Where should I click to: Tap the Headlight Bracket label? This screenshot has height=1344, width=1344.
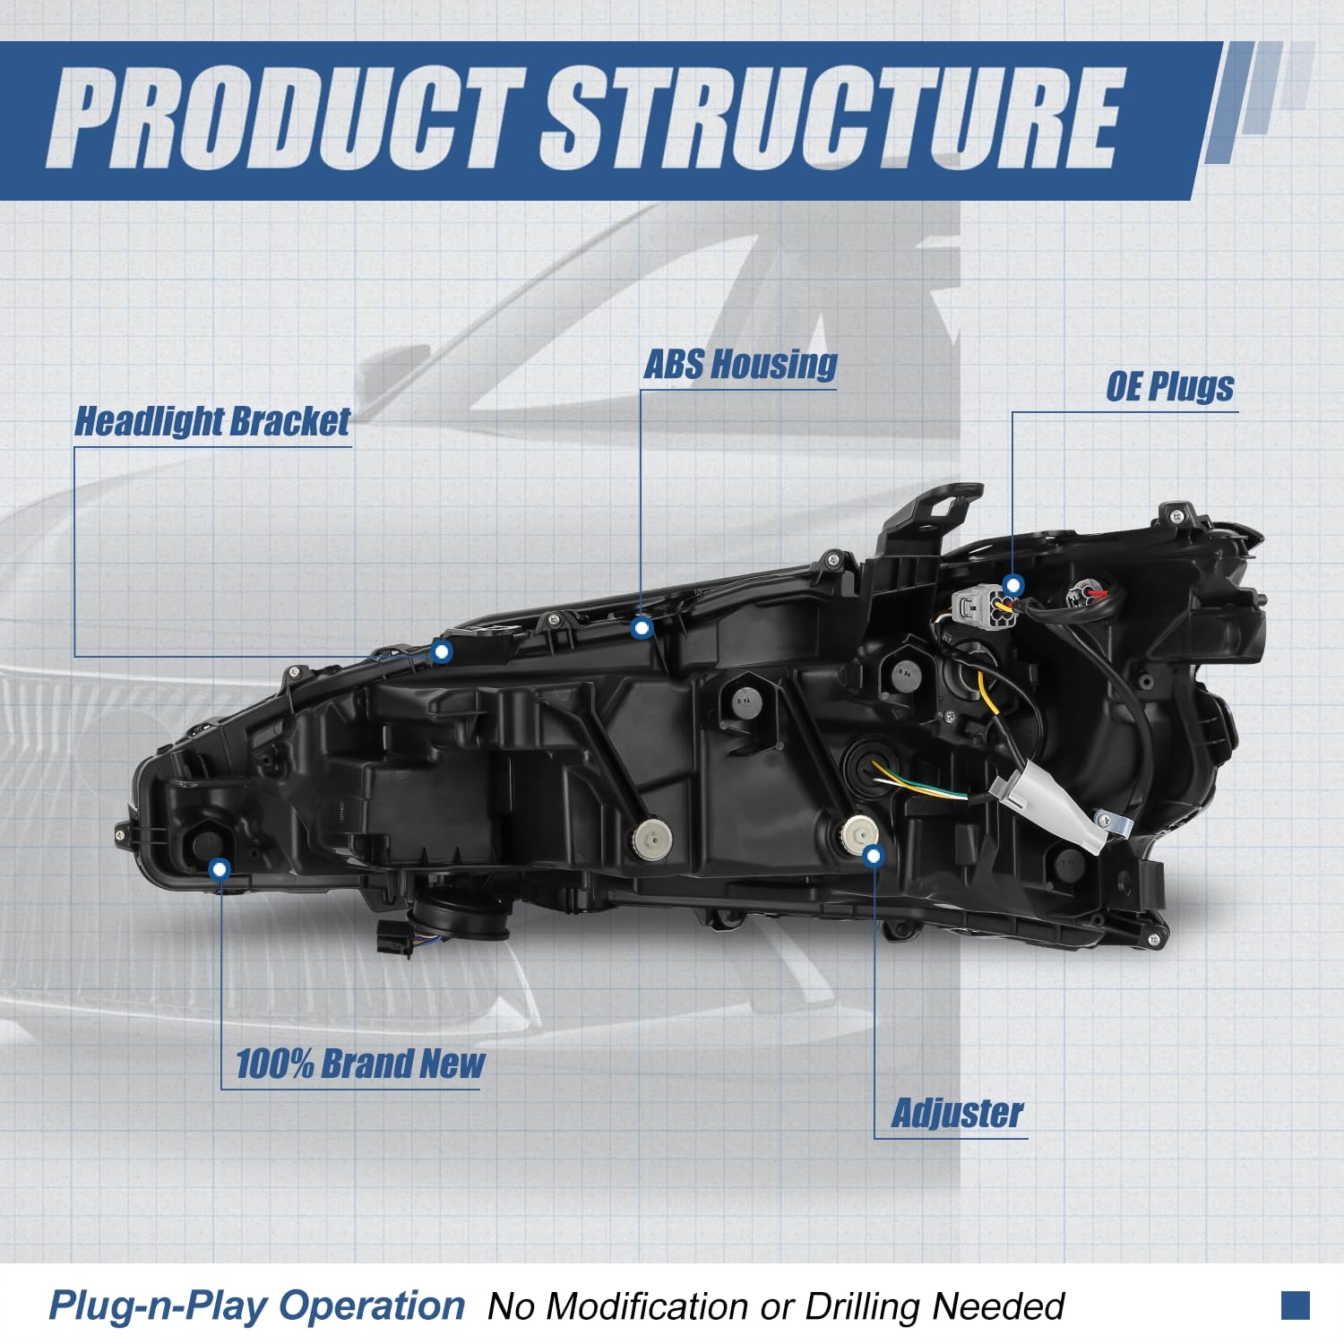tap(212, 421)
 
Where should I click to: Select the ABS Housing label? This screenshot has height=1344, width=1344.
tap(740, 365)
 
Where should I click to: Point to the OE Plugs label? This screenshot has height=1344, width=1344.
tap(1169, 387)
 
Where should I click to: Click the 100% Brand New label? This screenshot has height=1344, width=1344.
tap(359, 1064)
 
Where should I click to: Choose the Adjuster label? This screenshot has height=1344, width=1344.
tap(957, 1114)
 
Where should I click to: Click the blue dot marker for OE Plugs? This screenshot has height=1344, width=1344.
tap(1013, 586)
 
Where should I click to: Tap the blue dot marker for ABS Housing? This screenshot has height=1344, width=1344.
tap(642, 628)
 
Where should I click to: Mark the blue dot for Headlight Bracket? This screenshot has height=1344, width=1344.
tap(441, 651)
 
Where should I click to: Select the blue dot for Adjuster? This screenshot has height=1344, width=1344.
tap(874, 856)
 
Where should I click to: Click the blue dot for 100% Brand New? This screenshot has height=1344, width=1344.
tap(220, 868)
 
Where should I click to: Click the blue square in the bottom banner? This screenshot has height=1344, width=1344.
tap(1295, 1305)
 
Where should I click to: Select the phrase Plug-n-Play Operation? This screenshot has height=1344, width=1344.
tap(257, 1305)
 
